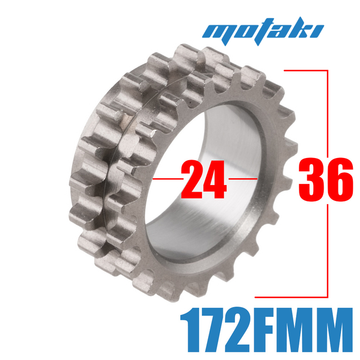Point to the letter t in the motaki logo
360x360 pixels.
click(259, 31)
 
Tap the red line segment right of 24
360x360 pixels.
click(243, 179)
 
